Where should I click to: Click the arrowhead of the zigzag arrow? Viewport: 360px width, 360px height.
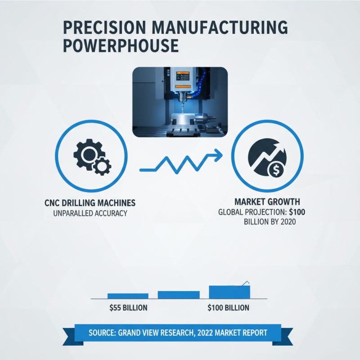pos(218,155)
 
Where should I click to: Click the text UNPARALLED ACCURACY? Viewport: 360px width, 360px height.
pos(90,213)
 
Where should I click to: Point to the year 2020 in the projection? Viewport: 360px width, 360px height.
pos(287,222)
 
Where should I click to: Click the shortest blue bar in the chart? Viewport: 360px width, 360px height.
pos(128,296)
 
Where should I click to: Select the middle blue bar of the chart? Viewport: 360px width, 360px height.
pos(179,295)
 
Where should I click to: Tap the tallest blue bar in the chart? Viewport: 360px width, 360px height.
pos(229,292)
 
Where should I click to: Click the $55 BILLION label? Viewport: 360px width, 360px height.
pos(128,308)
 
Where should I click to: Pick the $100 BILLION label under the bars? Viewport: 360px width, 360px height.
pos(228,308)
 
